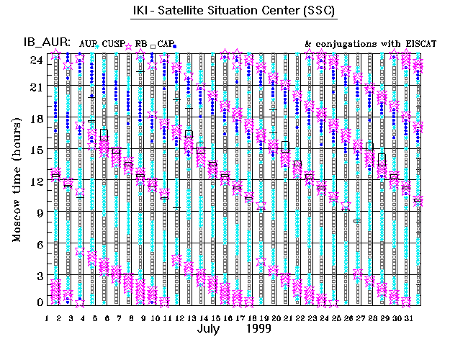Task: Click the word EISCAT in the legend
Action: click(415, 44)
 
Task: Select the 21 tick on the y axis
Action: click(36, 87)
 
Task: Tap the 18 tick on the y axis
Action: click(36, 119)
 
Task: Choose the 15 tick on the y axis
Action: click(36, 150)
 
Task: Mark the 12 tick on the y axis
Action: click(36, 181)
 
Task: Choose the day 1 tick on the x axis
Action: click(47, 317)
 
